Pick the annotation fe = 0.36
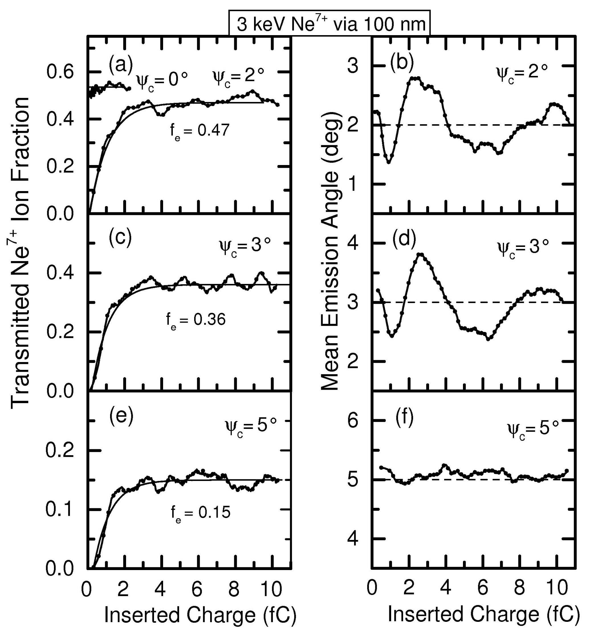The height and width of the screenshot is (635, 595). pos(195,319)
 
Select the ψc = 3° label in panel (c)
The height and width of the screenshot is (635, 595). pos(245,247)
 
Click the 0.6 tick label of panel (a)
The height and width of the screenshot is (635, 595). pos(60,72)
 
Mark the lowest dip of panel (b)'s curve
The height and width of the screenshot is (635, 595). pos(389,162)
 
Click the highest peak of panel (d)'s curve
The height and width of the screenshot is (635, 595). pos(421,254)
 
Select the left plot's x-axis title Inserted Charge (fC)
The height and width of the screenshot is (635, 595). pos(200,615)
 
